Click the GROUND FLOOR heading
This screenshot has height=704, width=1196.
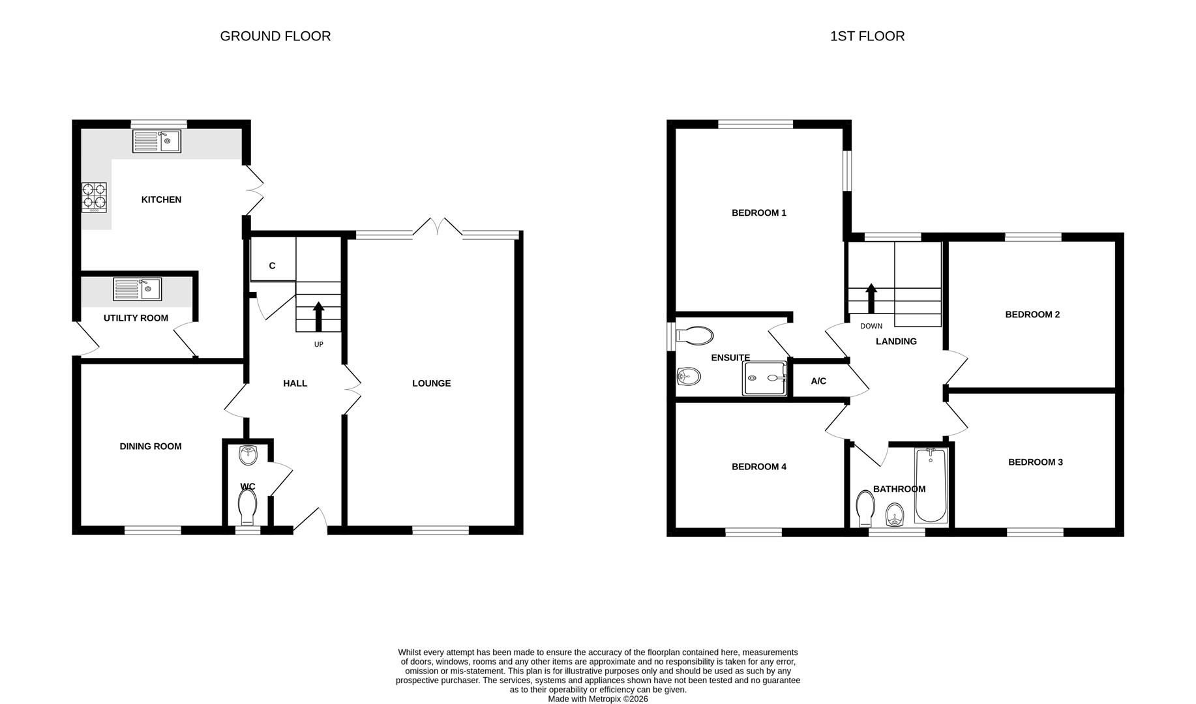click(x=275, y=37)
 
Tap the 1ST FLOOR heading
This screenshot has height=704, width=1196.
click(x=867, y=37)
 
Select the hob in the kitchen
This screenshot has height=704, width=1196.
click(x=94, y=198)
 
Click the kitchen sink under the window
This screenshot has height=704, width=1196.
click(x=157, y=141)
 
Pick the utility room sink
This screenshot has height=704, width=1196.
click(x=137, y=289)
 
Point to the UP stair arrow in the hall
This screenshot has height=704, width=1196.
click(x=318, y=317)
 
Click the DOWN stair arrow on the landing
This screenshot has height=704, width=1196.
click(x=871, y=299)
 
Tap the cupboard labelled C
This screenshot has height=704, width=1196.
click(x=273, y=265)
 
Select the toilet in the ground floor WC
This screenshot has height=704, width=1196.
click(x=248, y=506)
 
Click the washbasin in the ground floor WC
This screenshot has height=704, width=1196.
click(x=248, y=455)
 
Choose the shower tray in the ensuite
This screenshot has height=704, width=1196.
click(x=764, y=378)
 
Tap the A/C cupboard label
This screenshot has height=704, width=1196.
click(x=818, y=381)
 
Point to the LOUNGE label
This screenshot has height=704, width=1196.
click(x=431, y=383)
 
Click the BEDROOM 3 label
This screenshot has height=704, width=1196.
click(x=1035, y=462)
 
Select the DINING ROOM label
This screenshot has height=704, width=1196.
click(x=151, y=447)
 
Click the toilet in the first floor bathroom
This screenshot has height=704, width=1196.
click(x=865, y=508)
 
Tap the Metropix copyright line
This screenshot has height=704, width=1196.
click(x=598, y=699)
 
